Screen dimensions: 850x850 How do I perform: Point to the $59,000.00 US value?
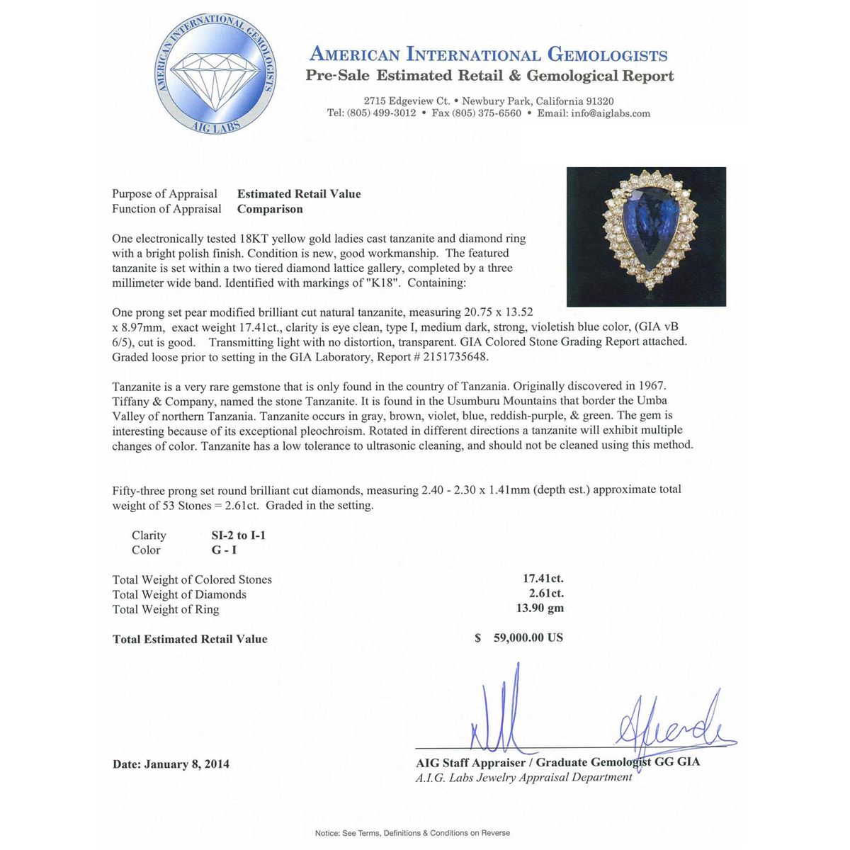pyautogui.click(x=519, y=637)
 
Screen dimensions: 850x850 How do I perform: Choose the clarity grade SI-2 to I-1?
pyautogui.click(x=239, y=535)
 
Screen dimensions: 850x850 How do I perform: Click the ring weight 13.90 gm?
pyautogui.click(x=540, y=608)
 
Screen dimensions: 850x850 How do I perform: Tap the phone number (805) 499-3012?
pyautogui.click(x=382, y=113)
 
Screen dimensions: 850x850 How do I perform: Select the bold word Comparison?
pyautogui.click(x=270, y=209)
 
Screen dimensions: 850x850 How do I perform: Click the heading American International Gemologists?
pyautogui.click(x=489, y=55)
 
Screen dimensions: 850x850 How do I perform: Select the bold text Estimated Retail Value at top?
pyautogui.click(x=299, y=194)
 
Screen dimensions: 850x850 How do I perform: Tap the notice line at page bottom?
pyautogui.click(x=412, y=833)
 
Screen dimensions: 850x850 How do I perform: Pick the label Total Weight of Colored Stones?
pyautogui.click(x=192, y=579)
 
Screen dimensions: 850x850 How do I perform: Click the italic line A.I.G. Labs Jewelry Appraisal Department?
pyautogui.click(x=523, y=778)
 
